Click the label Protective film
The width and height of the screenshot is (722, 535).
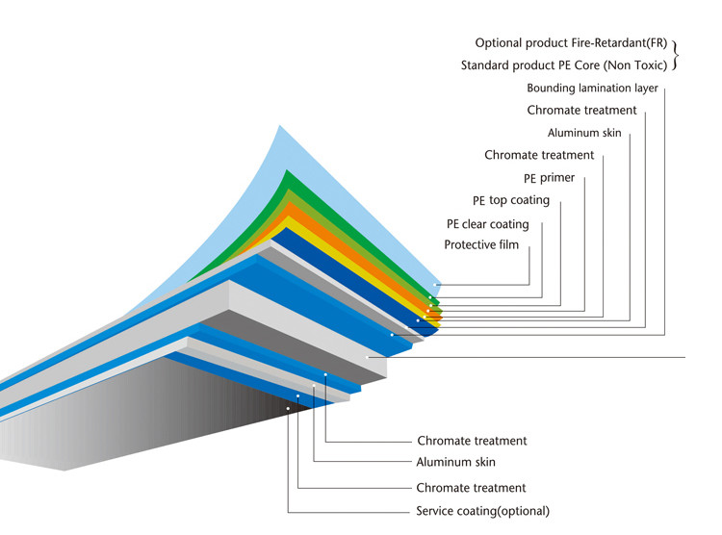(481, 244)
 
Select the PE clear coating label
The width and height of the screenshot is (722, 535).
(488, 224)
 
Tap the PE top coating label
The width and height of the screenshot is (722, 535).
(511, 200)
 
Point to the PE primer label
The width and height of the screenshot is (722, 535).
(550, 178)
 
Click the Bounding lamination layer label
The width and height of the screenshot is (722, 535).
(593, 88)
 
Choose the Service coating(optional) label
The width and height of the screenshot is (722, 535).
(483, 511)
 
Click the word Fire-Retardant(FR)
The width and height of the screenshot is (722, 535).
(619, 42)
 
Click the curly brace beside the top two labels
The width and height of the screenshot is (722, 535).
(676, 55)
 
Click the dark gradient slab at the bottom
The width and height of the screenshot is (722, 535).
(138, 415)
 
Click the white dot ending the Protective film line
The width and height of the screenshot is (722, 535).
(435, 285)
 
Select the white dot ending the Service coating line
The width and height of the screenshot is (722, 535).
(288, 408)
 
